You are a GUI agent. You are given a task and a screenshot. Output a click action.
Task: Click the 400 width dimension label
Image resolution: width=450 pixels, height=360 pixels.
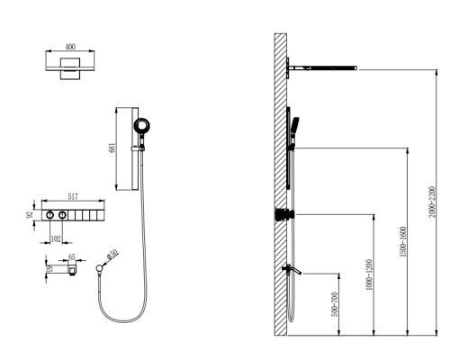click(x=70, y=47)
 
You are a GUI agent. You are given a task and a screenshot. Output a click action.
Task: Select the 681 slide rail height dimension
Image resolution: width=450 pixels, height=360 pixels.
click(x=112, y=148)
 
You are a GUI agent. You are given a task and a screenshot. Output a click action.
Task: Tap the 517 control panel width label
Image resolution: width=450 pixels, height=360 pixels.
click(x=73, y=196)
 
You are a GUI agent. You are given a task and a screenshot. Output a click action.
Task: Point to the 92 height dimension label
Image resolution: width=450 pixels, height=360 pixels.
click(x=30, y=215)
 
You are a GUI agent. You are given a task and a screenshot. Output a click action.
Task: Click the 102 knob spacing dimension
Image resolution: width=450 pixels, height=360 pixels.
click(x=56, y=238)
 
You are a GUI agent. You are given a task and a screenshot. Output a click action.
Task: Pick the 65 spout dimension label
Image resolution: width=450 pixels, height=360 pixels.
click(x=72, y=257)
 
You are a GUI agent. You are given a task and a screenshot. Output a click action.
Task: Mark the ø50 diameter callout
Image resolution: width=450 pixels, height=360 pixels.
click(x=112, y=255)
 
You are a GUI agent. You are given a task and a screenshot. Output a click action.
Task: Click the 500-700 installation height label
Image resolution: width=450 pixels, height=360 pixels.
click(x=335, y=304)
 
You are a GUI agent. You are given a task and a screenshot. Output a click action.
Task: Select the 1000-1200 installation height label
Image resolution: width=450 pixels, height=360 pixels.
click(x=369, y=274)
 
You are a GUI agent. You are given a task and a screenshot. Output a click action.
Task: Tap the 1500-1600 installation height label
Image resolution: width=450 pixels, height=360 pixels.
click(x=403, y=242)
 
